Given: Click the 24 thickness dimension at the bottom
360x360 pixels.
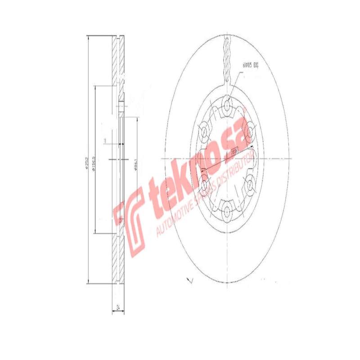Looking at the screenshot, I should (x=118, y=308).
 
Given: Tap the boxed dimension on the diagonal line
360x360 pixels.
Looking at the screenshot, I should (x=234, y=153).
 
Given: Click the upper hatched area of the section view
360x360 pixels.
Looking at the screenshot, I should (x=116, y=61).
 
